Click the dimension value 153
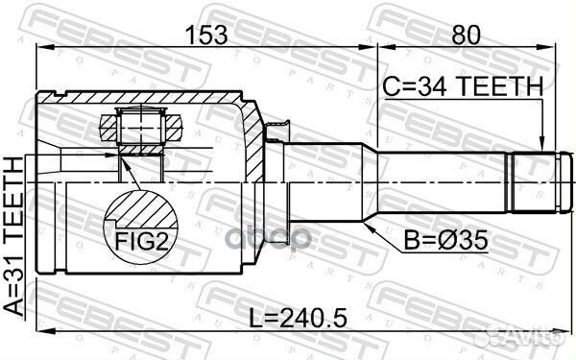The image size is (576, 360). coord(206,36)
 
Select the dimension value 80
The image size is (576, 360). coord(465,36)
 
